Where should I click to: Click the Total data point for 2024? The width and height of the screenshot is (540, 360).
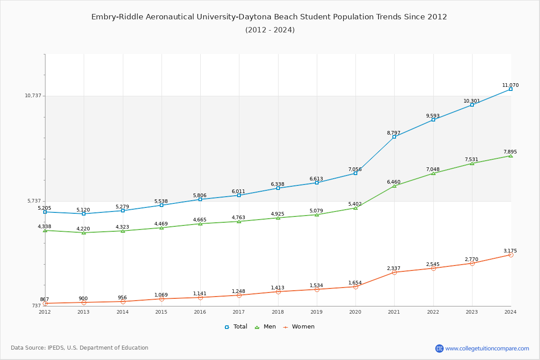tap(511, 89)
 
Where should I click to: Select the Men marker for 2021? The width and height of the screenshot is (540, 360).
tap(394, 186)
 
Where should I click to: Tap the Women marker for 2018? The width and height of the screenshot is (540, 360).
tap(278, 292)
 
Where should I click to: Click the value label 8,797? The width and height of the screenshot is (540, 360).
tap(394, 133)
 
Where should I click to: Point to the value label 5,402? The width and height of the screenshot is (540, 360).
tap(355, 204)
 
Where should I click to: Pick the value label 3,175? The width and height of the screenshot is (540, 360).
tap(510, 251)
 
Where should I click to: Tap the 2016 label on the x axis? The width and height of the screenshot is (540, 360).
tap(200, 312)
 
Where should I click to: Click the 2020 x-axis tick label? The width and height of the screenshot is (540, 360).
tap(355, 312)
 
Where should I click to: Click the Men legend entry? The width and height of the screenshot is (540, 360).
tap(266, 327)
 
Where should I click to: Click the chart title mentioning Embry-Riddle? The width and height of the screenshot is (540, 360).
tap(269, 17)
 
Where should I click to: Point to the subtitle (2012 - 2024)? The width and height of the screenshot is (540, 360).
tap(270, 30)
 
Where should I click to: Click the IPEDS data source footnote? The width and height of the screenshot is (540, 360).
tap(80, 348)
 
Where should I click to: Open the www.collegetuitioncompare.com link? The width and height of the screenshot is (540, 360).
tap(487, 348)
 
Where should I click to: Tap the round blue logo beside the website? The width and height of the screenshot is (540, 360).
tap(439, 348)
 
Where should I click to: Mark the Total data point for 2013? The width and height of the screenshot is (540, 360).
tap(84, 214)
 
